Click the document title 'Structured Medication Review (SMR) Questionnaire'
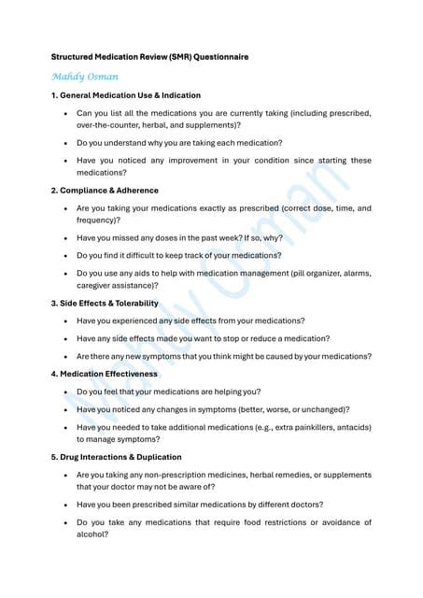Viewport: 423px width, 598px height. click(x=149, y=57)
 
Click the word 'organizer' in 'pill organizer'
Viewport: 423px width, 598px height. click(x=304, y=273)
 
